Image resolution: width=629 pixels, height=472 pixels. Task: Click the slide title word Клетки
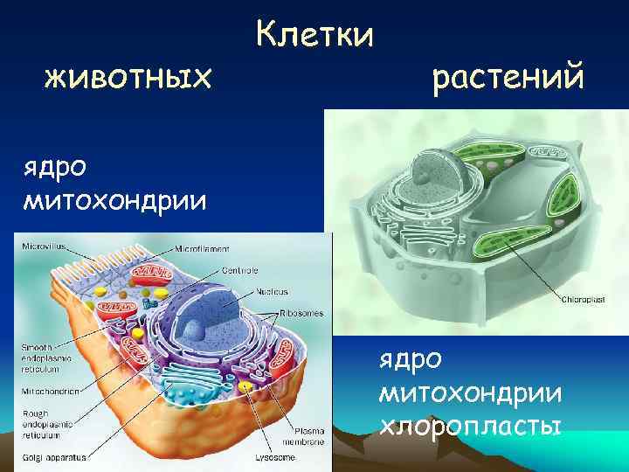click(314, 36)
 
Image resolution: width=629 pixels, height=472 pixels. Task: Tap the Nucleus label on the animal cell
click(272, 291)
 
